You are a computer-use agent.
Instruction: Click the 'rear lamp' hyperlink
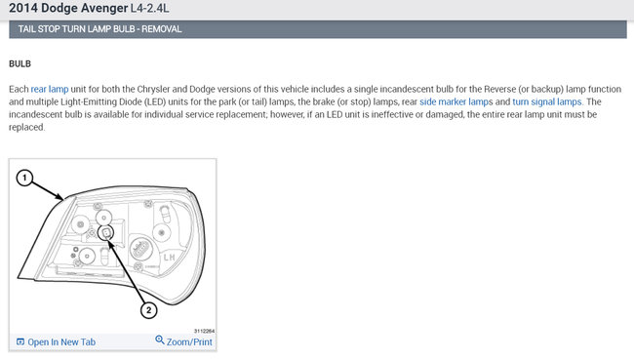(50, 89)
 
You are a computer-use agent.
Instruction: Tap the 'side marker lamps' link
(456, 101)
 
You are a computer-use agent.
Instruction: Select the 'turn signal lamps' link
(546, 101)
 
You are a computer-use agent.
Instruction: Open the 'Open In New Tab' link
(61, 341)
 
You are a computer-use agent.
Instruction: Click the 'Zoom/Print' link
(189, 341)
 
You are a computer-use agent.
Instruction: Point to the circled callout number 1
(24, 178)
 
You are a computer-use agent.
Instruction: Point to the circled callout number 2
(148, 310)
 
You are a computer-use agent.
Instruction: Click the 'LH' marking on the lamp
(169, 258)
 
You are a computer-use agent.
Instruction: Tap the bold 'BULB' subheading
(20, 64)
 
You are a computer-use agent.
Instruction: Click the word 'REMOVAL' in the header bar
(161, 29)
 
